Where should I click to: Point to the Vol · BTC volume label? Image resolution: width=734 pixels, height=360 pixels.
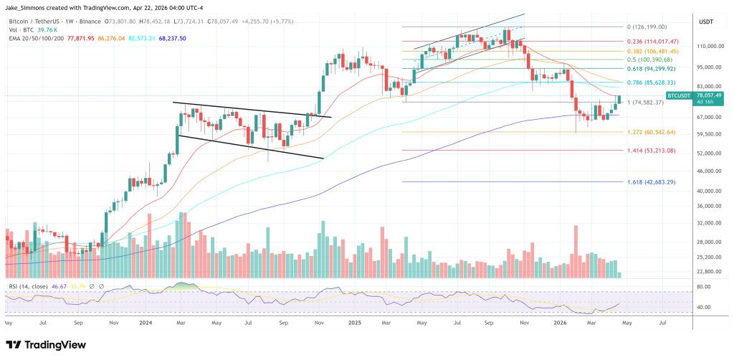point(22,30)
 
